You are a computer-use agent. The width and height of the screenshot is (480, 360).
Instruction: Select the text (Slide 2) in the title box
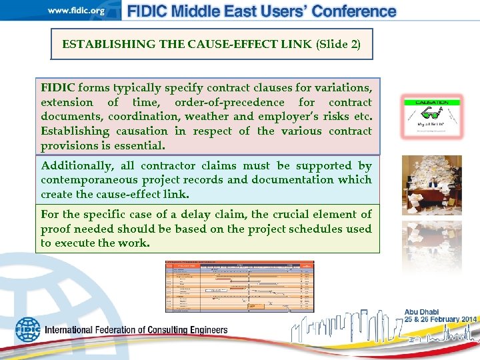[338, 45]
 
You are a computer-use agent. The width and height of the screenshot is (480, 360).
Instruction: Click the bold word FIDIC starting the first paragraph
[57, 88]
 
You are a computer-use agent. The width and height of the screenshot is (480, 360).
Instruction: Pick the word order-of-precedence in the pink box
[232, 103]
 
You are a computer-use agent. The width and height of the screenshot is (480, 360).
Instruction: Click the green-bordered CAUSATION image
[431, 115]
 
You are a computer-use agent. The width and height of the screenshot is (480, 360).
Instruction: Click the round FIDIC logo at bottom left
[28, 329]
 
